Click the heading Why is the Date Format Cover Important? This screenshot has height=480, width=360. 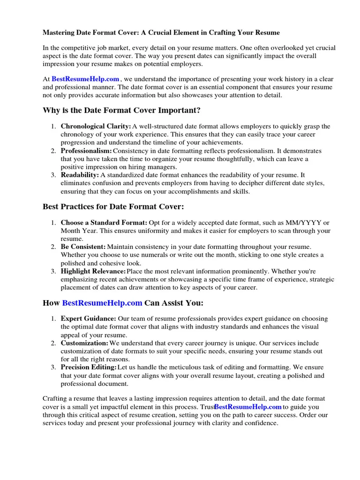tap(121, 110)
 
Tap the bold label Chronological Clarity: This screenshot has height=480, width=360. tap(96, 127)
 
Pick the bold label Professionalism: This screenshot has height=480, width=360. tap(86, 151)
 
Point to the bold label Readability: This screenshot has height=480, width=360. tap(80, 175)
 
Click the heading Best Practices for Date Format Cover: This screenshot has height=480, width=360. tap(113, 207)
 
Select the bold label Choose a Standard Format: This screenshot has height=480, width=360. tap(104, 223)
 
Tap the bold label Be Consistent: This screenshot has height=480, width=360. tap(83, 247)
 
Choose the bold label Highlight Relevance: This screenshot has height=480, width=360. tap(93, 271)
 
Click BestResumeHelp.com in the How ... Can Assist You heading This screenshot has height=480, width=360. tap(102, 303)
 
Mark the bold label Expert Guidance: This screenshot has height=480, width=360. tap(89, 319)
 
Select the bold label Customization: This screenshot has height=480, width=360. tap(84, 343)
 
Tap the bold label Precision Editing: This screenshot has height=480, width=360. tap(89, 367)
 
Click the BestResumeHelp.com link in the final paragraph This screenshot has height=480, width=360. tap(248, 407)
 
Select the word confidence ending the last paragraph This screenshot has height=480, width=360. tap(261, 423)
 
